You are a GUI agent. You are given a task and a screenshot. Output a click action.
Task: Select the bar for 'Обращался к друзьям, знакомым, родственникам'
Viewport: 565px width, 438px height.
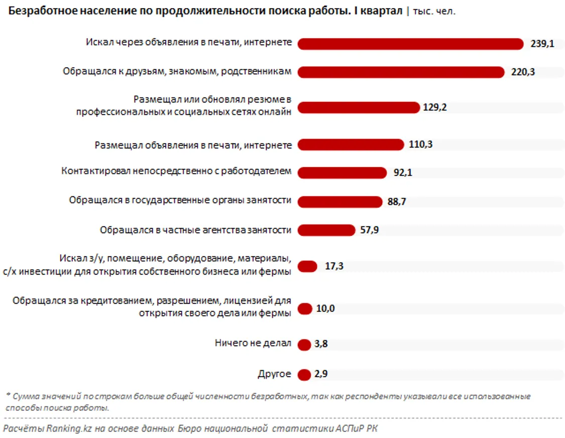tap(401, 72)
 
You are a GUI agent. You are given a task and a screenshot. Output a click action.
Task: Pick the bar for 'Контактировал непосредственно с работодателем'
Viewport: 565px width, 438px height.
tap(342, 173)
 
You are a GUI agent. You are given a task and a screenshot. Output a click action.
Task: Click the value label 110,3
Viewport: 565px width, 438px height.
tap(421, 145)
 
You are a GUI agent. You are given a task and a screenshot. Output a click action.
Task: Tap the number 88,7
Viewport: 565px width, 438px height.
tap(397, 202)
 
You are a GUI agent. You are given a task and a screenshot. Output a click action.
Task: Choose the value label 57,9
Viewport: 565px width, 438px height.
tap(370, 231)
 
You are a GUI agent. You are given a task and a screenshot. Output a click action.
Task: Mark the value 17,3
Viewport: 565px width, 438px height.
tap(334, 266)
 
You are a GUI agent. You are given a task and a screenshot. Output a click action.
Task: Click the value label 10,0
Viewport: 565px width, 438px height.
tap(325, 308)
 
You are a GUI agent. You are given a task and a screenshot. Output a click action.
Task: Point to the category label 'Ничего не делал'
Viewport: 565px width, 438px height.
tap(253, 344)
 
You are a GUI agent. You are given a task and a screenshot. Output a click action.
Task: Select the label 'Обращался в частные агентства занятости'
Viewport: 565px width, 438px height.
tap(195, 230)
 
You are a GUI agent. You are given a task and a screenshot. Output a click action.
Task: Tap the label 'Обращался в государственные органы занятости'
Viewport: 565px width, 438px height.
tap(180, 200)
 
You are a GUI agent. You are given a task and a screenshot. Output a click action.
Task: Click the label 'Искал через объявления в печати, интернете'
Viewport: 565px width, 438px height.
tap(188, 43)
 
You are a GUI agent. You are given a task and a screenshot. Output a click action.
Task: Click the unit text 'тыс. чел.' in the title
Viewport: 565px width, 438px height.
tap(434, 11)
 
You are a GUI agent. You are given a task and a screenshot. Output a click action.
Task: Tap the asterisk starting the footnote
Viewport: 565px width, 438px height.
tap(8, 395)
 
